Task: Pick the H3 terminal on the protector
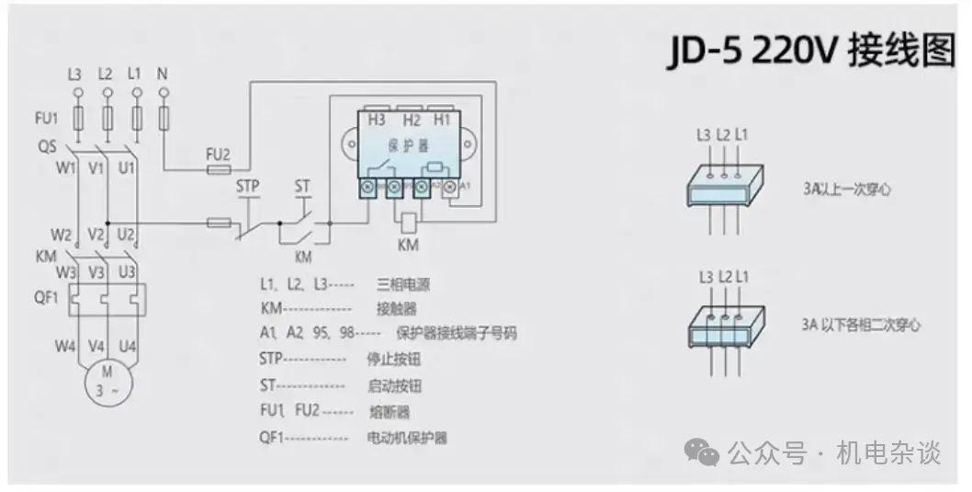[x=377, y=120]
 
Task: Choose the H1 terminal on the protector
[x=442, y=120]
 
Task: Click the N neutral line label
[x=163, y=73]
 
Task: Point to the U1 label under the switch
[x=128, y=168]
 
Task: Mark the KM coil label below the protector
[x=408, y=246]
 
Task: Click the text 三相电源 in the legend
[x=402, y=284]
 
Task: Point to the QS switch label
[x=47, y=146]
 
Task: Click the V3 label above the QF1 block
[x=94, y=272]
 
